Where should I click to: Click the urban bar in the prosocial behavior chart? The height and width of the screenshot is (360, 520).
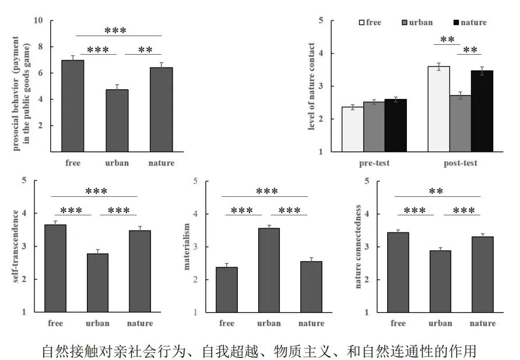coord(117,120)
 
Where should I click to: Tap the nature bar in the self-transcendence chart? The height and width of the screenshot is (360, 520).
coord(139,271)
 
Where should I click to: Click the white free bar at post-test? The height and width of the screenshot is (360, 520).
coord(438,109)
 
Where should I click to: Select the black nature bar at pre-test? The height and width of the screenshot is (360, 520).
coord(395,125)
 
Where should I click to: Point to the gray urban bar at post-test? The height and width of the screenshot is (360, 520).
coord(460,123)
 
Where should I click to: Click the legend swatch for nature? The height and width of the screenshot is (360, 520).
coord(456,23)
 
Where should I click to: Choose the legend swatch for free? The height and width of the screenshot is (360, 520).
coord(362,23)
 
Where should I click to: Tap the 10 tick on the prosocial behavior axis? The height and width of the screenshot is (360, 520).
coord(39,20)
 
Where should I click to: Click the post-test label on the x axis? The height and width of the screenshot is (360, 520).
coord(460,163)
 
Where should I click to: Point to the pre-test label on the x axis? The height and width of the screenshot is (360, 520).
coord(374,163)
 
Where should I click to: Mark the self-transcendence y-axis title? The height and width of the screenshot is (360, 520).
coord(16,246)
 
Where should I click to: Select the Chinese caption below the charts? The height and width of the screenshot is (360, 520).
coord(259,351)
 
